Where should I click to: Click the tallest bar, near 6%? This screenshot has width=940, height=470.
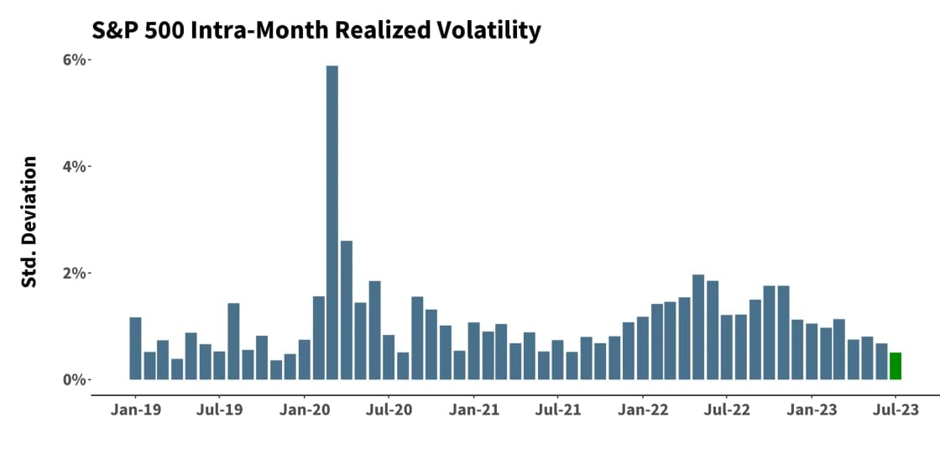332,222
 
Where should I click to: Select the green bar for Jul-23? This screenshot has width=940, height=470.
896,366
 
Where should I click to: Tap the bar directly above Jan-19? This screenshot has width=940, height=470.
135,348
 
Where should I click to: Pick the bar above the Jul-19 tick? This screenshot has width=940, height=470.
219,365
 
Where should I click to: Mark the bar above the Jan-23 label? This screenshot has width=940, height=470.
811,352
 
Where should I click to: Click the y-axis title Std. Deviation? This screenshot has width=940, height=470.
29,222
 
